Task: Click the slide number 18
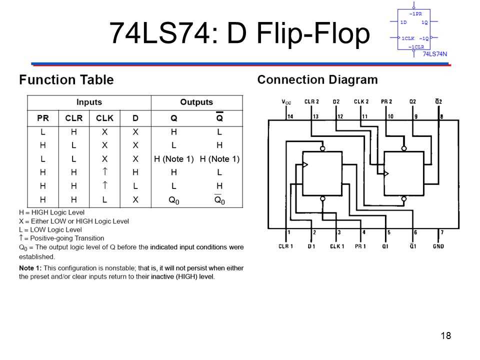click(x=446, y=335)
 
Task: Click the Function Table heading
click(x=66, y=80)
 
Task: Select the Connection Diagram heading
click(x=317, y=80)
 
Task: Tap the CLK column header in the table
click(x=104, y=118)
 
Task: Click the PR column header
click(x=43, y=118)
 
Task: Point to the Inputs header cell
click(x=89, y=102)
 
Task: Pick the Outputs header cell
click(x=196, y=102)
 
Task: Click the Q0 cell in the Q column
click(x=173, y=200)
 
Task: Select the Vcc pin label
click(x=286, y=102)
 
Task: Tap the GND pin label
click(x=438, y=246)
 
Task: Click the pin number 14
click(x=290, y=116)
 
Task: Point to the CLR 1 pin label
click(x=286, y=246)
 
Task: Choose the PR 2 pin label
click(x=386, y=101)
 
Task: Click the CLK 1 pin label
click(x=337, y=246)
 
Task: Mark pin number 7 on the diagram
click(x=441, y=232)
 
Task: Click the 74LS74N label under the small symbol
click(x=435, y=53)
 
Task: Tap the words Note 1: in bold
click(x=31, y=268)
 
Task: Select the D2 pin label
click(x=336, y=101)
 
